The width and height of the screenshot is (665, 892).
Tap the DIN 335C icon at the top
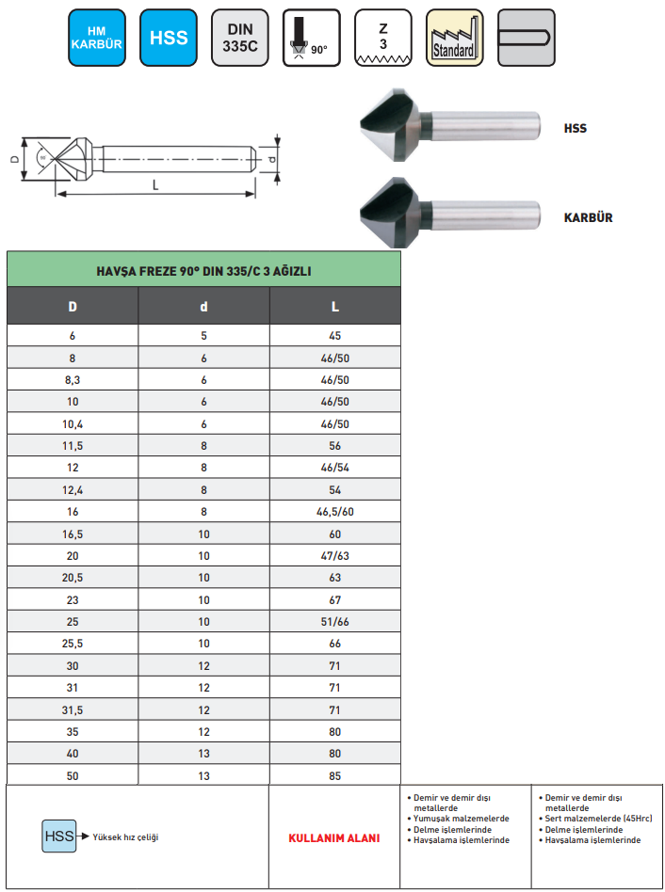tap(240, 38)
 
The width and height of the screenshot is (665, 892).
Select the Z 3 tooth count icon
tap(382, 38)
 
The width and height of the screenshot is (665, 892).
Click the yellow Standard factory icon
tap(454, 38)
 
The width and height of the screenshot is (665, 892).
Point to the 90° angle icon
tap(312, 38)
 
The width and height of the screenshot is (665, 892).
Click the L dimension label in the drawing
tap(155, 185)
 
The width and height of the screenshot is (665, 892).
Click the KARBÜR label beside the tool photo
tap(588, 217)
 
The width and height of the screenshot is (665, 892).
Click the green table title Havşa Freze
tap(203, 271)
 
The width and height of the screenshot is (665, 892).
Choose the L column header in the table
tap(334, 307)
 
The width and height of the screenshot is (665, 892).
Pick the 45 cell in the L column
tap(334, 336)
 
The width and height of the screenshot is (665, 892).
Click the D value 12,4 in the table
tap(73, 490)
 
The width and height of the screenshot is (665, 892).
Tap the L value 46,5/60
tap(334, 513)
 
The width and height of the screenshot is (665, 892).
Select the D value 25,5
tap(73, 644)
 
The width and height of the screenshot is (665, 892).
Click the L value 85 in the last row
tap(334, 776)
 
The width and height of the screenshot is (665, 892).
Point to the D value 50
tap(73, 776)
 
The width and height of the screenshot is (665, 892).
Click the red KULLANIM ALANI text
tap(333, 837)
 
